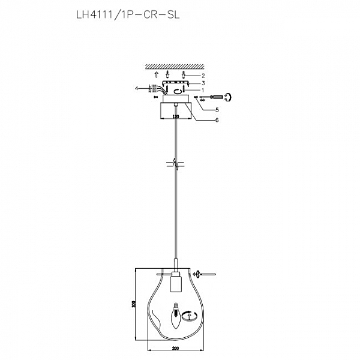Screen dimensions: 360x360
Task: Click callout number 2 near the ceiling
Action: coord(203,76)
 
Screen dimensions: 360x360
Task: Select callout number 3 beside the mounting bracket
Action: coord(203,83)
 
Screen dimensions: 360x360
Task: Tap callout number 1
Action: coord(203,90)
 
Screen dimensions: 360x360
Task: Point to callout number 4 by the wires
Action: coord(137,88)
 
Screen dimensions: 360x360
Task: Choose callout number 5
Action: coord(217,110)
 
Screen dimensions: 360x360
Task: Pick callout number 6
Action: coord(217,119)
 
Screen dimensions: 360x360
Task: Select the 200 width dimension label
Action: coord(175,349)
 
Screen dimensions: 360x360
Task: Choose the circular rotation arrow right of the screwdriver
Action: coord(229,96)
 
